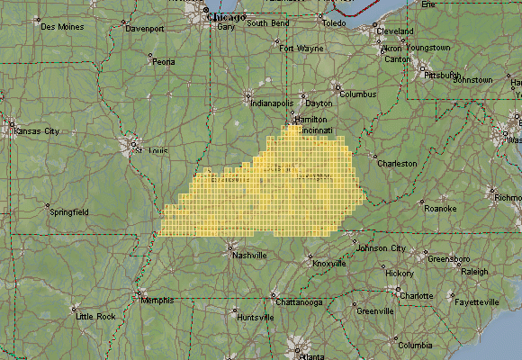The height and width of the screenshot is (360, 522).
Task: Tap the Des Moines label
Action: [60, 26]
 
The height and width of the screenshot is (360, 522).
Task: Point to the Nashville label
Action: [249, 256]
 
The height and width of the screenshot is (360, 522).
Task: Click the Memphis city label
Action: [157, 301]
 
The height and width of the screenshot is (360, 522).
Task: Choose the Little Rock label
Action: [95, 317]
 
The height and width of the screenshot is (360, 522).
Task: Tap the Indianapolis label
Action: [271, 103]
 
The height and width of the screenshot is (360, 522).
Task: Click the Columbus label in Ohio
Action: [357, 94]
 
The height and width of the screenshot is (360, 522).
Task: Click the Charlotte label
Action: [417, 295]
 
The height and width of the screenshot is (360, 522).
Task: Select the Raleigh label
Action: [473, 271]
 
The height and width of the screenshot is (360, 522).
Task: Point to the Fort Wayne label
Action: [301, 48]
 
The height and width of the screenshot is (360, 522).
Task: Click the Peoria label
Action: [163, 62]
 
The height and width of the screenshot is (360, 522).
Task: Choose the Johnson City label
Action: [382, 248]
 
